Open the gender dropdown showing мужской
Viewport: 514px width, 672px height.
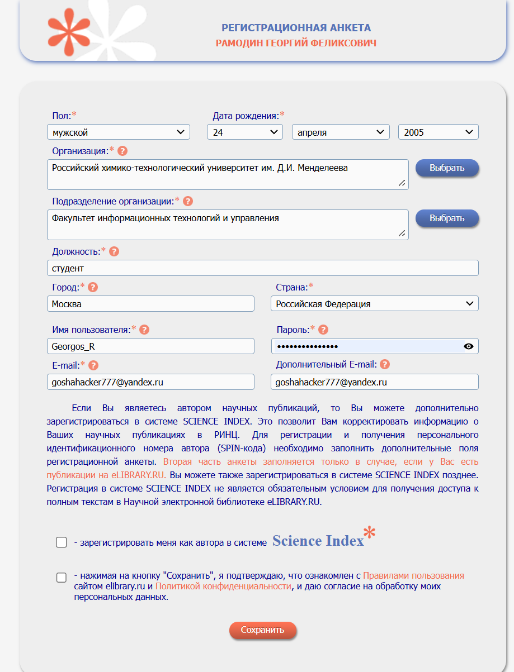coord(119,132)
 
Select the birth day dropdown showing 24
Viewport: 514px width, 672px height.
coord(245,132)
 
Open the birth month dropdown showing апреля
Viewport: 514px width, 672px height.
coord(341,132)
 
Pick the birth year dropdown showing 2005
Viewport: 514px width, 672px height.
coord(438,132)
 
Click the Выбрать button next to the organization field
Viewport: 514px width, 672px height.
coord(447,168)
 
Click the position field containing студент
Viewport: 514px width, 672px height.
coord(263,268)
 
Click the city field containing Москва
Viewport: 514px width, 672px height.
coord(150,304)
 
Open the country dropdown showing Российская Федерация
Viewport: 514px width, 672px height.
coord(374,304)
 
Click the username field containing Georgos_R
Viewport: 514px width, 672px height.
coord(150,346)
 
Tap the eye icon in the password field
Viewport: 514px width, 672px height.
coord(469,346)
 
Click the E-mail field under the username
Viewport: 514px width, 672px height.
coord(150,382)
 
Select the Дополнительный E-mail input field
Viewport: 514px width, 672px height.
coord(374,382)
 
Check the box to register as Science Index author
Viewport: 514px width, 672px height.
coord(62,542)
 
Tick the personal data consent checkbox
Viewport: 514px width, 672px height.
coord(62,578)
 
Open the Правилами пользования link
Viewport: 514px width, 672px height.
coord(413,575)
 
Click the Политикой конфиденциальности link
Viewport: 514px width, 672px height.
coord(223,586)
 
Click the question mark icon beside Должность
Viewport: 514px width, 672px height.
coord(114,251)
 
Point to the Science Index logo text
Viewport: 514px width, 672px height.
coord(318,541)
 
